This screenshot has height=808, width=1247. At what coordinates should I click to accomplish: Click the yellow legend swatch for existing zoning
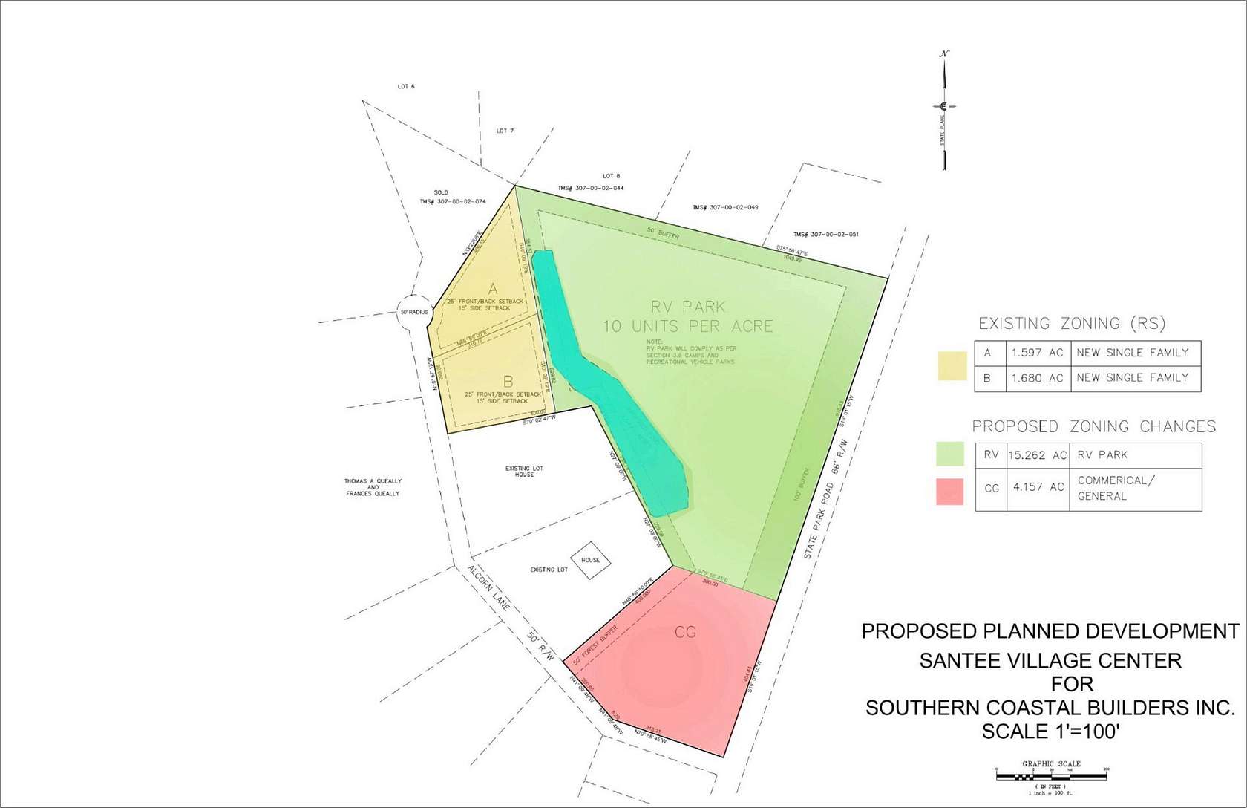[x=952, y=365]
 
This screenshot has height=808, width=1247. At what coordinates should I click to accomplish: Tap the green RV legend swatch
[x=950, y=454]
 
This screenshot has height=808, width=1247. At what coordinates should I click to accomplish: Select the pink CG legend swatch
[x=949, y=492]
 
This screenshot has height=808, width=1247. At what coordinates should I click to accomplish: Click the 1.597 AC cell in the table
[x=1037, y=353]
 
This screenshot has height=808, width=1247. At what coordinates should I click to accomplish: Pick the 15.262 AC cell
[x=1037, y=455]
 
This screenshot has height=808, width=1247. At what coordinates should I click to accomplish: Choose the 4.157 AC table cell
[x=1037, y=488]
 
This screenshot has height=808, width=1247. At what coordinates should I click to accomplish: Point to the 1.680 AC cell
[x=1037, y=378]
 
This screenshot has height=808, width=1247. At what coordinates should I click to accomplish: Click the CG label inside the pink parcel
[x=685, y=632]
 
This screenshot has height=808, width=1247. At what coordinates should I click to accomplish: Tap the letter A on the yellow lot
[x=492, y=288]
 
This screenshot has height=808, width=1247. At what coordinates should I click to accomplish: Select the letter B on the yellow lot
[x=508, y=382]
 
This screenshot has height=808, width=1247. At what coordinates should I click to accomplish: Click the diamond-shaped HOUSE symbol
[x=590, y=560]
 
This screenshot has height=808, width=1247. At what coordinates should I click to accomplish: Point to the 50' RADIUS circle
[x=414, y=312]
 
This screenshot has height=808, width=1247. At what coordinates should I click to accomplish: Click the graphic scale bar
[x=1051, y=776]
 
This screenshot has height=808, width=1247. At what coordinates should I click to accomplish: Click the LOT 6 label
[x=406, y=87]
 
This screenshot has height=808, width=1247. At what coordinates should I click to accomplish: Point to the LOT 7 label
[x=505, y=131]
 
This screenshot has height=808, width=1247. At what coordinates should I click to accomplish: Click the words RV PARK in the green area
[x=688, y=307]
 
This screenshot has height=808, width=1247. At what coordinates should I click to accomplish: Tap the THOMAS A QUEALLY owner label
[x=373, y=487]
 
